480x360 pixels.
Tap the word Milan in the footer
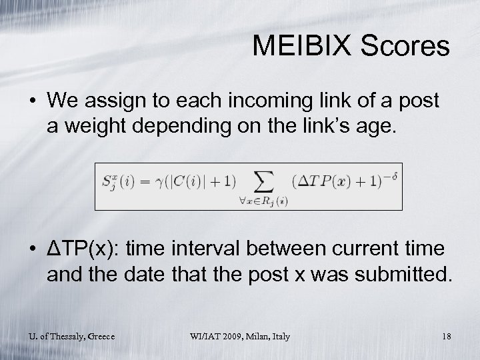pos(261,337)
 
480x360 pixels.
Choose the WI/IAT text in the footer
pos(205,337)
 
